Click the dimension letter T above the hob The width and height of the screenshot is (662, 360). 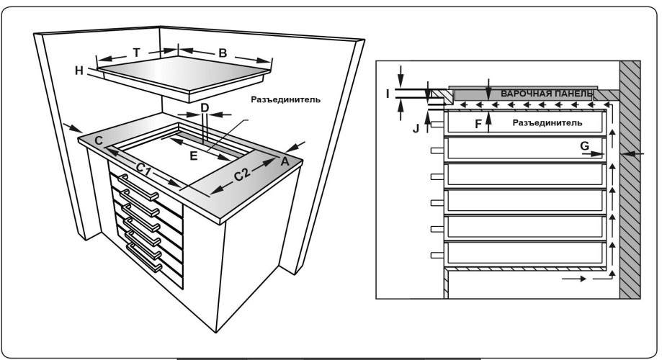(137, 53)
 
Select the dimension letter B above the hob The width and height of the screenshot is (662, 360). (223, 53)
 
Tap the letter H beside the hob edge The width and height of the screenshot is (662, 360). (80, 70)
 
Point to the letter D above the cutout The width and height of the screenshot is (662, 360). (205, 108)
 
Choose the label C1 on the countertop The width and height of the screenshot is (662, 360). (145, 170)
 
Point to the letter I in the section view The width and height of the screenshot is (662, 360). (388, 93)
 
